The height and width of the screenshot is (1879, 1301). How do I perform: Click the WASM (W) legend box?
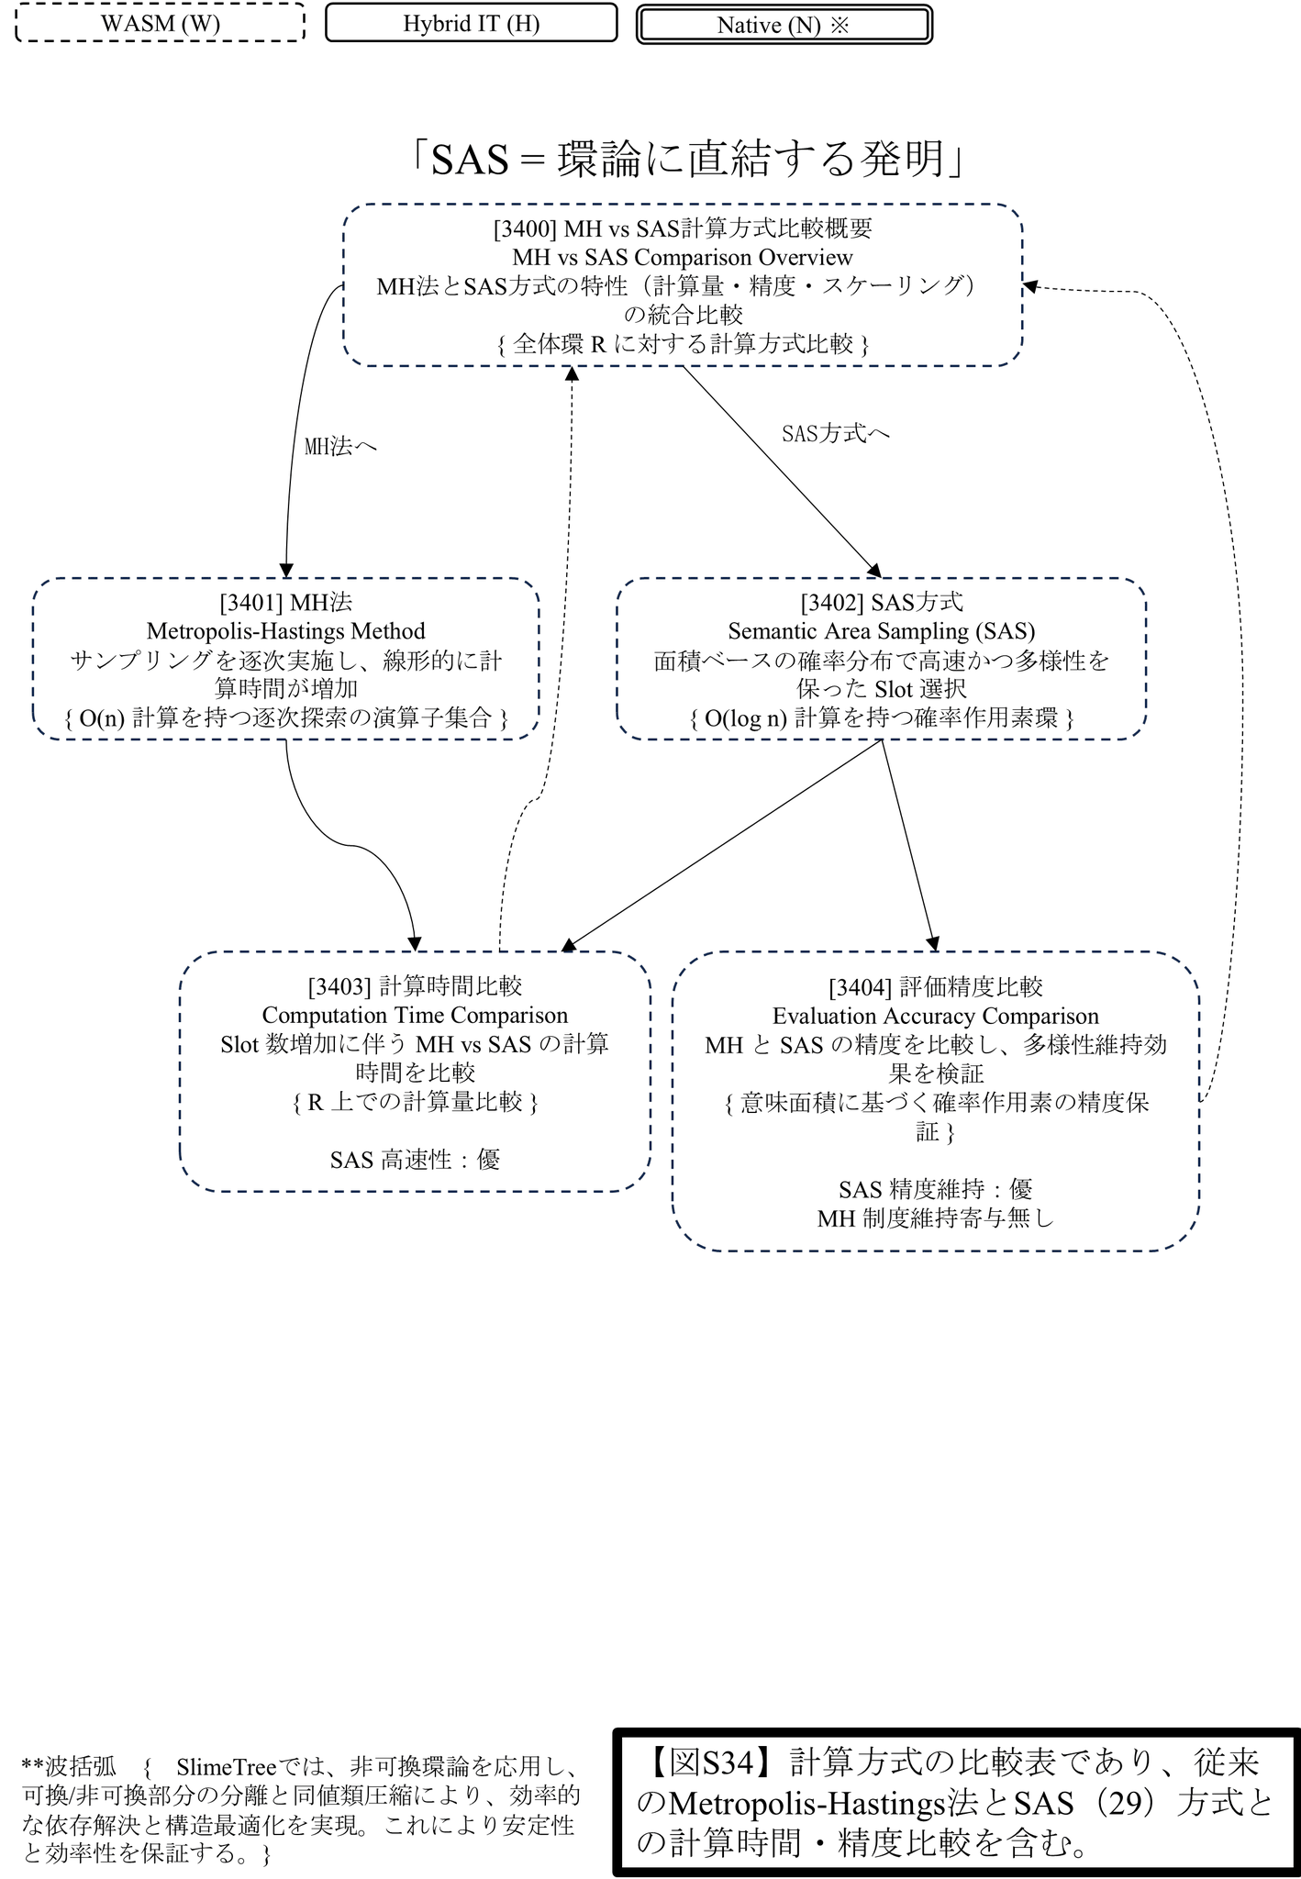[161, 23]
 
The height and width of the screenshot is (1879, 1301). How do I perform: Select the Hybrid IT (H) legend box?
[471, 23]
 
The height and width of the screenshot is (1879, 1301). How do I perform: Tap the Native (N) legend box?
[784, 25]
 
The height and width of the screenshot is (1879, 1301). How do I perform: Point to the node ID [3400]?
[526, 228]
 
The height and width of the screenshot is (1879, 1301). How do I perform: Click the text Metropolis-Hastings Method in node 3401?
[286, 631]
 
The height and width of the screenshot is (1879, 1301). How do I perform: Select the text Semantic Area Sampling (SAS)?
[881, 631]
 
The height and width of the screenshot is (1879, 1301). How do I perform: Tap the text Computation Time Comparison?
[415, 1016]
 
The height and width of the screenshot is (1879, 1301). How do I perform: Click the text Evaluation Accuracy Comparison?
[935, 1017]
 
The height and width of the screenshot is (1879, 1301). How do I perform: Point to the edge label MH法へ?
[340, 447]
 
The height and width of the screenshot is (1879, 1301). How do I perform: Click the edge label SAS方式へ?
[835, 433]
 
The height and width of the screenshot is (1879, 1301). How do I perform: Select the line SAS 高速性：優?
[415, 1160]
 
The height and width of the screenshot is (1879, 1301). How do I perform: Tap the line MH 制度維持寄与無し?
[935, 1218]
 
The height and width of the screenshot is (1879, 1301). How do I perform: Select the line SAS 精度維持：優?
[935, 1190]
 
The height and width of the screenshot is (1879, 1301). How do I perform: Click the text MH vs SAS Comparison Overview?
[683, 257]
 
